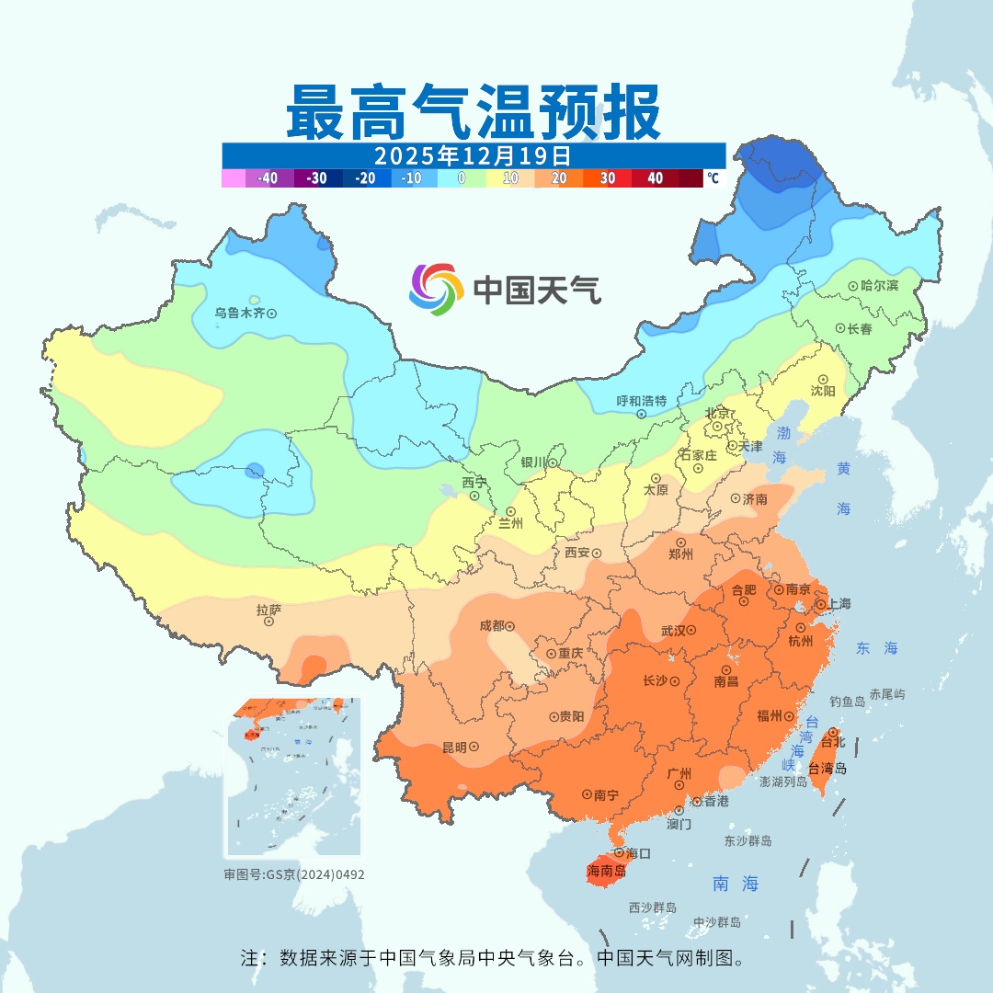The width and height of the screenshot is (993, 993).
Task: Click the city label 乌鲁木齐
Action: (239, 313)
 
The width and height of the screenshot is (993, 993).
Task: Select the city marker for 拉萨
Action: (269, 622)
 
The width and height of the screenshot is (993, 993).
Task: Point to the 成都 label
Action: (491, 625)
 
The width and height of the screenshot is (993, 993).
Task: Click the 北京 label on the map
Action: (716, 412)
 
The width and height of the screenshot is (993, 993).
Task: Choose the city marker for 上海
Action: (820, 605)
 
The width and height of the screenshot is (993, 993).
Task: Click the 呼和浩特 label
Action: (641, 401)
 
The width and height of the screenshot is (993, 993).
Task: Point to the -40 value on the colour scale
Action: (268, 178)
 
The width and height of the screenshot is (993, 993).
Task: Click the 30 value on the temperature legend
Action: (608, 178)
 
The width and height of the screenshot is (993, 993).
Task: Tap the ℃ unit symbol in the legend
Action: (713, 178)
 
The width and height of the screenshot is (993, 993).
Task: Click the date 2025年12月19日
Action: (473, 154)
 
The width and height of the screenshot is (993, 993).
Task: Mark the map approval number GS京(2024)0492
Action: (294, 874)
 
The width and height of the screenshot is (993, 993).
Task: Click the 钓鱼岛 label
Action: (847, 702)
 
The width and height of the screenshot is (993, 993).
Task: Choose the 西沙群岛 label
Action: (653, 907)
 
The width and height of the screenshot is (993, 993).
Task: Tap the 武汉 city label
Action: (673, 631)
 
